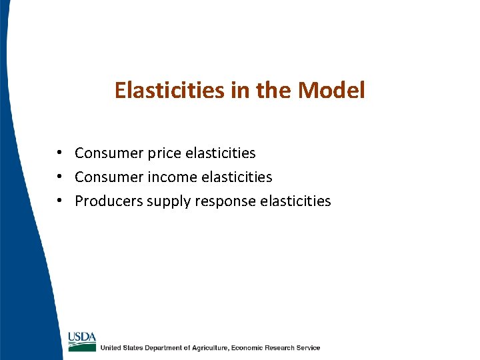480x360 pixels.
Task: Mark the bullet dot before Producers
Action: click(60, 201)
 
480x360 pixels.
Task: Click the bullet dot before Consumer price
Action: click(60, 153)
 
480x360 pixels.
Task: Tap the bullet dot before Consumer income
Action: click(60, 177)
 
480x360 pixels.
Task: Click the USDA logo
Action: click(82, 340)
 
